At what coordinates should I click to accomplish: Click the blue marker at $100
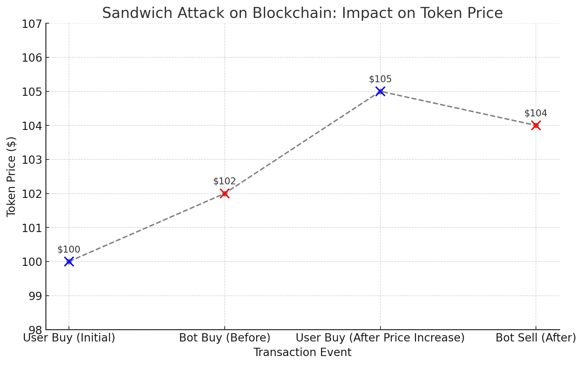coord(69,262)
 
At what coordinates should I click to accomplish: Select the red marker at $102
coord(225,194)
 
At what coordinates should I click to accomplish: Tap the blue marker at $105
coord(380,91)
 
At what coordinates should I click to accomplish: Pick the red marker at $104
coord(536,125)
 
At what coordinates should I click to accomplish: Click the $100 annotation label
coord(69,250)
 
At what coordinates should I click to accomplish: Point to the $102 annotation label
coord(225,181)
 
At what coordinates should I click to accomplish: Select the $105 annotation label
coord(380,79)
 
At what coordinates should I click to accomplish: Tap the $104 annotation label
coord(536,113)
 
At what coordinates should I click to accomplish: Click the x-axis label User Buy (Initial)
coord(69,338)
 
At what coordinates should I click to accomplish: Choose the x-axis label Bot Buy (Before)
coord(225,338)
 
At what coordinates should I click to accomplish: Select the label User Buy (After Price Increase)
coord(380,338)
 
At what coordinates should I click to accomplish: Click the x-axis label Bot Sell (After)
coord(536,338)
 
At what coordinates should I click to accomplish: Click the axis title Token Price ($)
coord(12,177)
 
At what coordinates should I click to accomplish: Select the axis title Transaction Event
coord(302,352)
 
